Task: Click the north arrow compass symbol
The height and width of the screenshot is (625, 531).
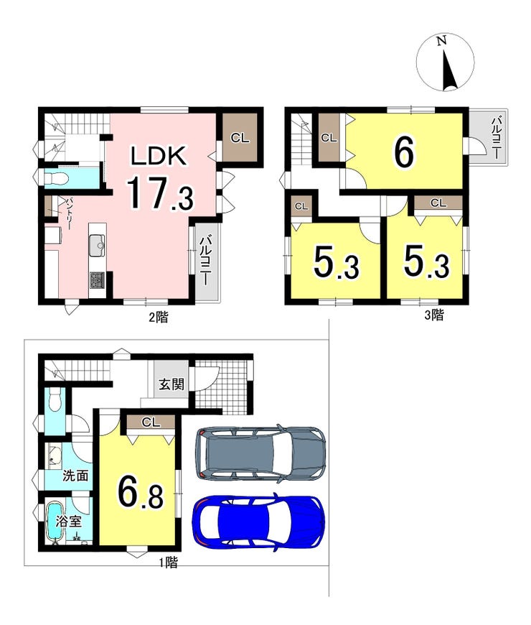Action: click(x=445, y=62)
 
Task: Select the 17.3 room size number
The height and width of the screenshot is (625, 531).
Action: click(x=159, y=194)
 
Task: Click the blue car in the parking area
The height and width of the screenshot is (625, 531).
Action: click(x=258, y=521)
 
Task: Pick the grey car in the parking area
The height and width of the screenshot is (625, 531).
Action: click(x=260, y=454)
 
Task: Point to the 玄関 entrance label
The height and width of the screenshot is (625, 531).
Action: click(x=171, y=384)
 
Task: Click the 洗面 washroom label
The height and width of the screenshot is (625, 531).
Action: click(x=75, y=476)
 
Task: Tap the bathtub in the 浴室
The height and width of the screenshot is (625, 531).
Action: click(x=55, y=521)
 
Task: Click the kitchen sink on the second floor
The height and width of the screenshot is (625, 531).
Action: click(x=97, y=245)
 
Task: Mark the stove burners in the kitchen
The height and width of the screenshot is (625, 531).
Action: click(x=98, y=279)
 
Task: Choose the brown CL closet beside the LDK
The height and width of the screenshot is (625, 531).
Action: click(x=240, y=137)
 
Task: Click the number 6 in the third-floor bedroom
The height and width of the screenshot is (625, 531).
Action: click(x=403, y=152)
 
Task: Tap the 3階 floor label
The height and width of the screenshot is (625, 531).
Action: click(x=434, y=315)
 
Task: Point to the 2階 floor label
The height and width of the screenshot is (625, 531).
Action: click(x=159, y=318)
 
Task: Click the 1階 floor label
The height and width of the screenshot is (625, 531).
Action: click(x=169, y=562)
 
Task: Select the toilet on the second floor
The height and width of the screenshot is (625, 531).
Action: click(x=53, y=179)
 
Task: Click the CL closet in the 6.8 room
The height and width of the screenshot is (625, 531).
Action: click(x=151, y=422)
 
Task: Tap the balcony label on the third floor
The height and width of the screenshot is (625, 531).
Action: click(x=497, y=137)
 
